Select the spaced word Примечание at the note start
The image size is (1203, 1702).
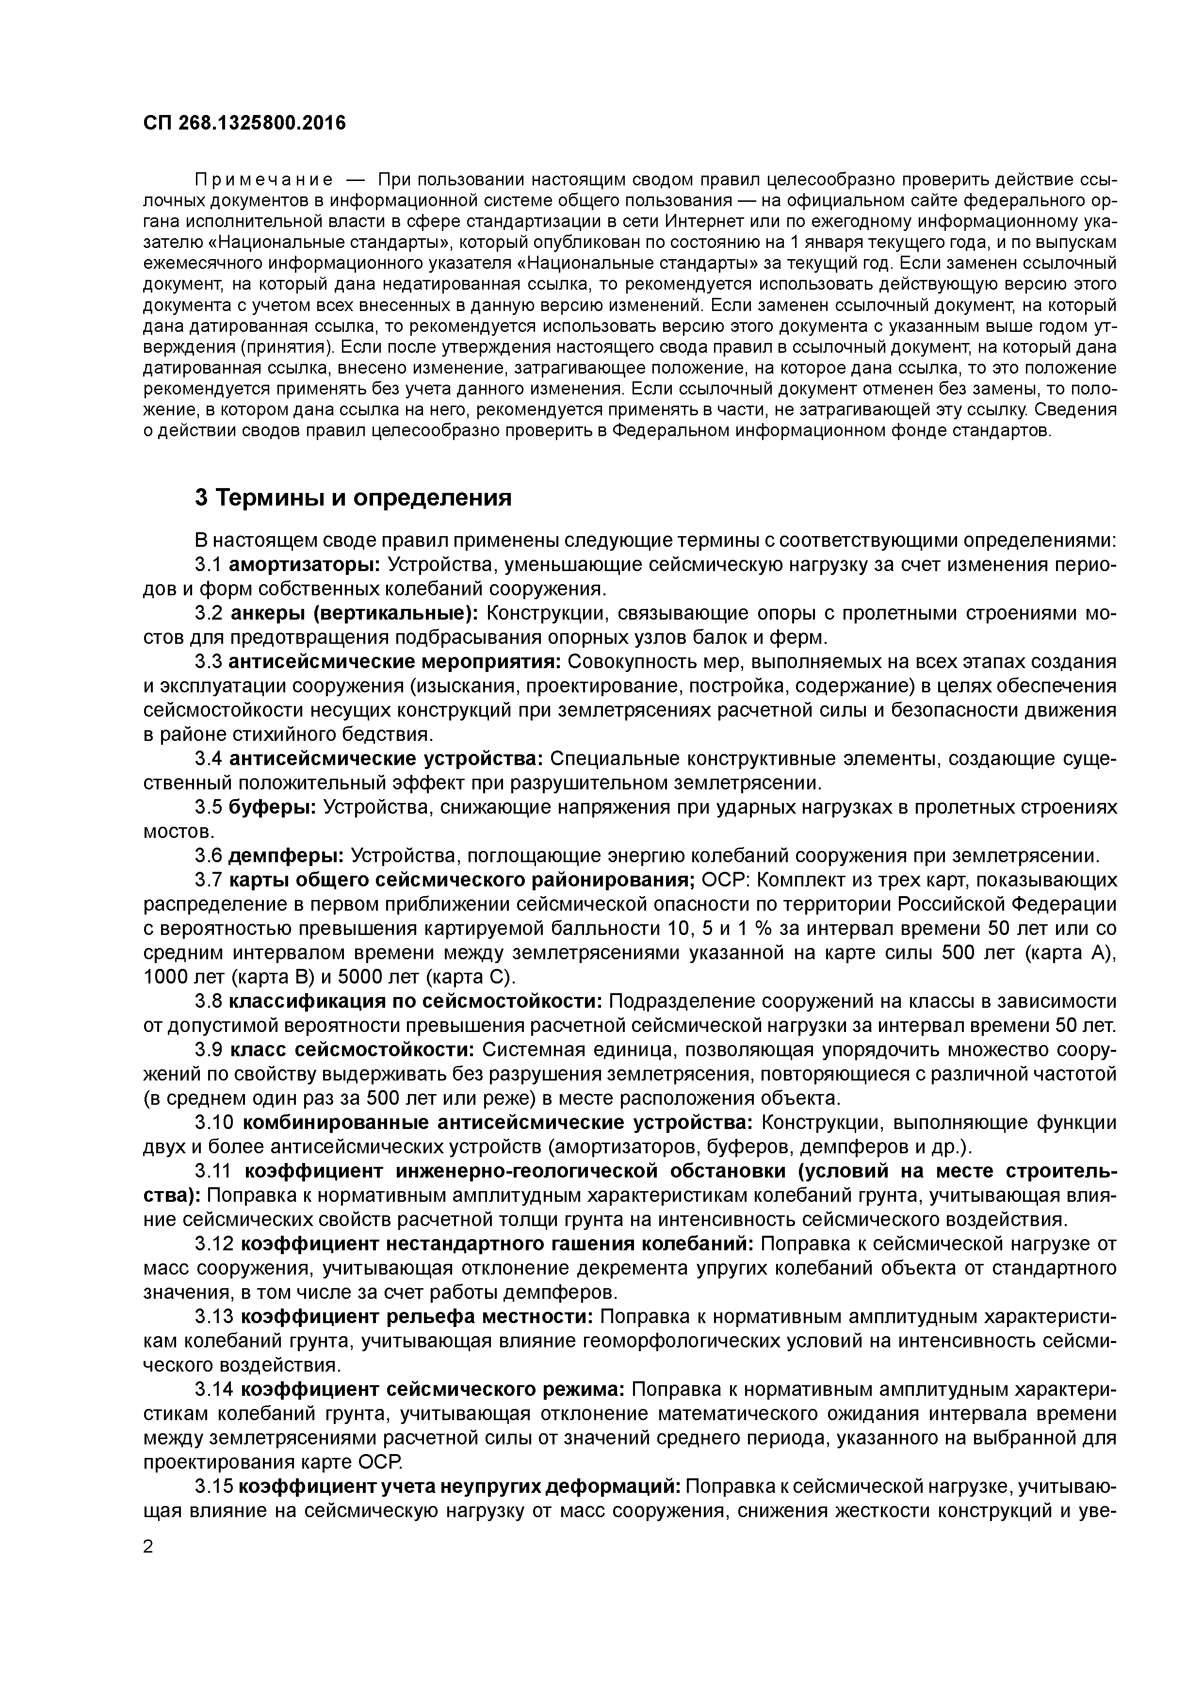[263, 180]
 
